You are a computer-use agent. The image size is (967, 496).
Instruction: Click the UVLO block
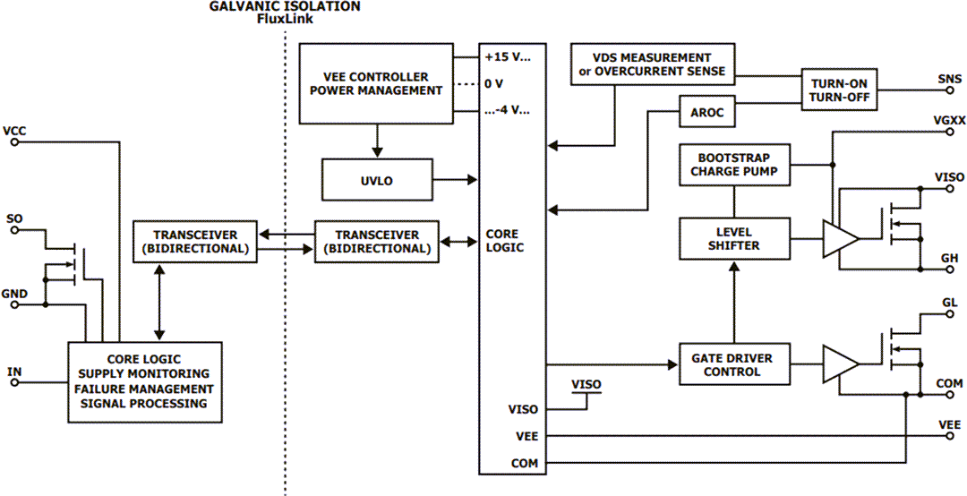[378, 180]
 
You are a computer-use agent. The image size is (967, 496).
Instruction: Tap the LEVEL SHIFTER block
[734, 237]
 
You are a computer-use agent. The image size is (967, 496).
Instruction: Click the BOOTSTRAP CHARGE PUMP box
[734, 165]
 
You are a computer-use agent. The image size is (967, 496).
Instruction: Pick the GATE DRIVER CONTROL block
[732, 364]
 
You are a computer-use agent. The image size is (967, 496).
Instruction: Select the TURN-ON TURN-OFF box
[839, 89]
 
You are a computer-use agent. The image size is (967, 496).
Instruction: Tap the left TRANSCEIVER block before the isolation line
[193, 241]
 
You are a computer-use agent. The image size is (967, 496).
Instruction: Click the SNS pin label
[949, 79]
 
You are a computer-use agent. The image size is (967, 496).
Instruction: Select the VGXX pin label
[947, 120]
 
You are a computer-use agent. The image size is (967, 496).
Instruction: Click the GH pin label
[950, 258]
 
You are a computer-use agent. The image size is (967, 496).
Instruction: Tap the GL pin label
[950, 304]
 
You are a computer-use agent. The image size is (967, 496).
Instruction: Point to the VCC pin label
[15, 131]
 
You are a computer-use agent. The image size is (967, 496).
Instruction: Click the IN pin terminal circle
[14, 383]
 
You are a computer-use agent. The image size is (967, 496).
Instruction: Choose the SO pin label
[14, 218]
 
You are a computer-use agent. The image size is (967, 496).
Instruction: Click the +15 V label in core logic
[508, 56]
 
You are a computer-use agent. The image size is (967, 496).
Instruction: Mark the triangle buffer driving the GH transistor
[840, 238]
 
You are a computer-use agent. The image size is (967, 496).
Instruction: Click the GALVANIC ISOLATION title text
[285, 6]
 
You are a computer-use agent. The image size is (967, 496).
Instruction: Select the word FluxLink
[285, 18]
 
